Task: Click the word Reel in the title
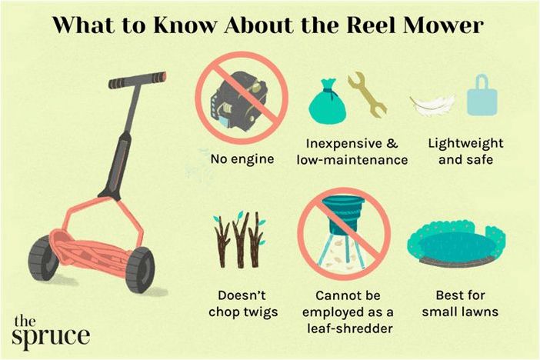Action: pos(370,25)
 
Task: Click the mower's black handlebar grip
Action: pos(137,80)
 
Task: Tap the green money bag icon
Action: pos(326,102)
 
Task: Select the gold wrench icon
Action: pos(368,95)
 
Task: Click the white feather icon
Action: pos(432,105)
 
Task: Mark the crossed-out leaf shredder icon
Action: pos(344,235)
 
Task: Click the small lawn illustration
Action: pos(456,244)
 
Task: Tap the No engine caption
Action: pos(242,159)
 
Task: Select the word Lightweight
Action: pos(465,143)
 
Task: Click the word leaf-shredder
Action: pos(349,328)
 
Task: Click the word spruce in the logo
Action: pos(51,337)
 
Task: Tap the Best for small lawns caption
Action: pos(460,304)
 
